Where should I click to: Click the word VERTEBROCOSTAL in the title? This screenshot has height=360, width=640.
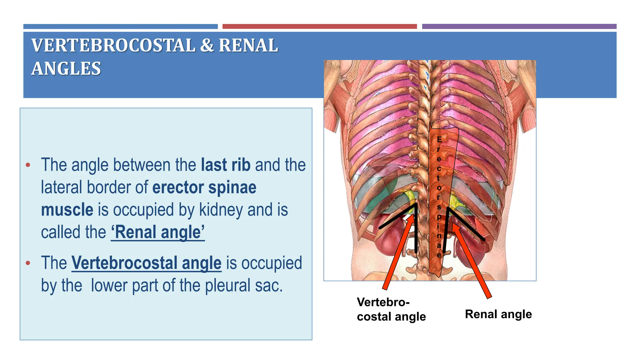tap(113, 46)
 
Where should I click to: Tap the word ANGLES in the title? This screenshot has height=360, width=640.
tap(66, 69)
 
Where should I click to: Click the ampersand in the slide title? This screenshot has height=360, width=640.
tap(207, 46)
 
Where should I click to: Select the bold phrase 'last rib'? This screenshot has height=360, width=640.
tap(225, 165)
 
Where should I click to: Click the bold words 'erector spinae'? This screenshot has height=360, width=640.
tap(204, 187)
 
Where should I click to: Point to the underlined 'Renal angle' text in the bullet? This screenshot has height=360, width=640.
tap(158, 232)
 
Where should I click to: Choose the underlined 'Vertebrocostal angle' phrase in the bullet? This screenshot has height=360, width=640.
tap(147, 263)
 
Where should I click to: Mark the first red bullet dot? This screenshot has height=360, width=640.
tap(28, 165)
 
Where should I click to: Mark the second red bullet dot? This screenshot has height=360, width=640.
tap(28, 263)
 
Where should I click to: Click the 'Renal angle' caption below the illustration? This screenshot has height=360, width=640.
tap(498, 314)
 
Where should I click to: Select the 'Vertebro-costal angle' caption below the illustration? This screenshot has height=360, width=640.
tap(391, 309)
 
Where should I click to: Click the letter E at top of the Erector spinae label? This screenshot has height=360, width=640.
tap(439, 139)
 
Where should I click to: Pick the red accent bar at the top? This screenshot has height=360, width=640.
tap(319, 27)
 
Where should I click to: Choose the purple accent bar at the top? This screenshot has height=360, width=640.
tap(519, 27)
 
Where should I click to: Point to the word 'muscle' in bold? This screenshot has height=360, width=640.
tap(67, 210)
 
